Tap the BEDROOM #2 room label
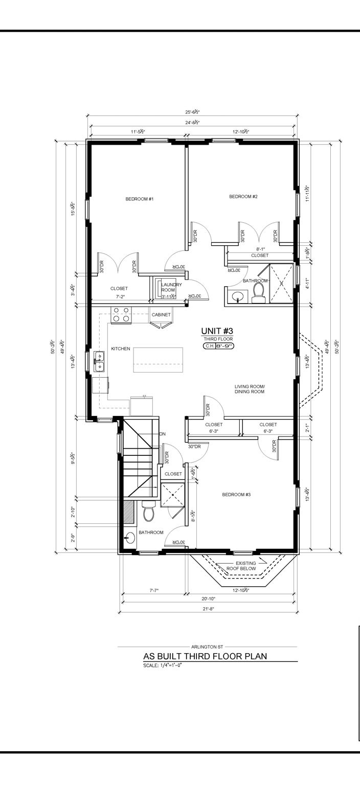tap(243, 197)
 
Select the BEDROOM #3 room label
tap(236, 494)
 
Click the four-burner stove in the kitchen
tap(121, 314)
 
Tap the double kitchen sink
tap(99, 360)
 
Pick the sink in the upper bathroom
tap(236, 296)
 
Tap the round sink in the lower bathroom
tap(129, 538)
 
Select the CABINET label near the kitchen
tap(161, 315)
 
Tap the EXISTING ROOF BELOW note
tap(242, 566)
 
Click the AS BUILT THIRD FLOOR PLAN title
tap(205, 657)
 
